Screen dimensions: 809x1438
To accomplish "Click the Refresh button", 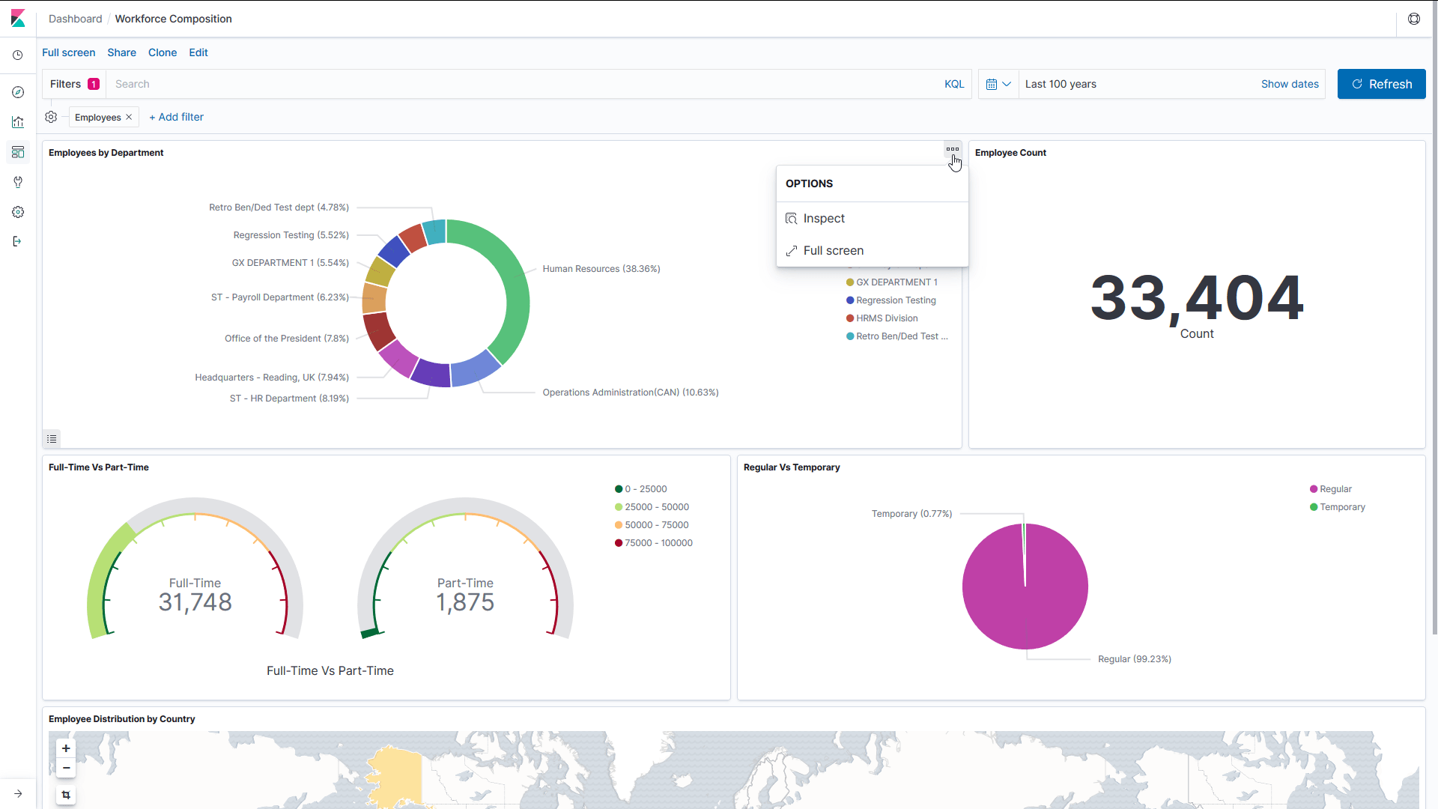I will click(1381, 84).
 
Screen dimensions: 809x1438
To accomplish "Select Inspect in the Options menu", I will click(823, 219).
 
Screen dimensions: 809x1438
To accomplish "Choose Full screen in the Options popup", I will click(833, 251).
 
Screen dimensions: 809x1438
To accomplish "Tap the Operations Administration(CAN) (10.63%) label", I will click(630, 393).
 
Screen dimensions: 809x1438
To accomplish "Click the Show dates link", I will click(1289, 84).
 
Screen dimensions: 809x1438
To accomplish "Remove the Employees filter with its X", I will click(129, 117).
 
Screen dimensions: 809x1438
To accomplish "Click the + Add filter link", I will click(176, 117).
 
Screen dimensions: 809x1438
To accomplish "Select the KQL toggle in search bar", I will click(953, 84).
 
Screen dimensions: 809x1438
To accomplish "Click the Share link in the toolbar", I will click(121, 52).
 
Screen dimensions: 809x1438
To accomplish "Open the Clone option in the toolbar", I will click(163, 52).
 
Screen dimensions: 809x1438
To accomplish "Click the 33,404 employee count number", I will click(1196, 298).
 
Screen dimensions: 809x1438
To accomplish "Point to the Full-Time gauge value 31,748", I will click(195, 602).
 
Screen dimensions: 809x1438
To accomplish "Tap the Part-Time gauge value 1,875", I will click(465, 602).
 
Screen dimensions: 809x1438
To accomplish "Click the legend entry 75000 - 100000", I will click(658, 543).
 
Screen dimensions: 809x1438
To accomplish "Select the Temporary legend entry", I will click(1342, 507).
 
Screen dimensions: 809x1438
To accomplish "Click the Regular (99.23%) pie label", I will click(1134, 659).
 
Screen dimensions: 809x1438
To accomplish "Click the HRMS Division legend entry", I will click(887, 318).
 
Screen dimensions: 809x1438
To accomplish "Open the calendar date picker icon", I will click(992, 84).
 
